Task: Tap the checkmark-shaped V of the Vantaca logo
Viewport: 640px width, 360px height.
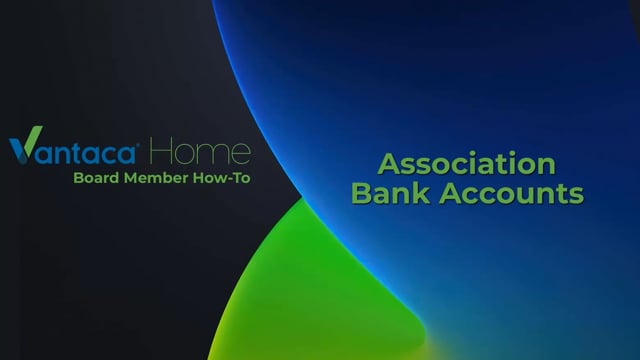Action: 23,150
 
